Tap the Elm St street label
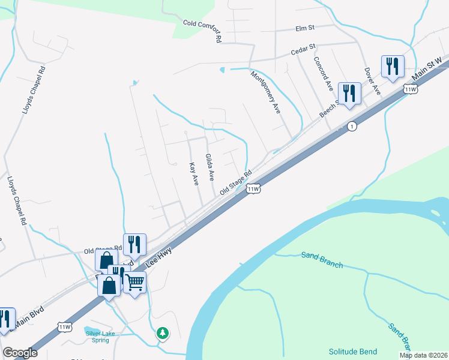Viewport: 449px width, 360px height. (x=305, y=28)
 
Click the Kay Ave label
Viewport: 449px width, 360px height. (x=193, y=174)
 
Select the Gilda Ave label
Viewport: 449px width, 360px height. (x=210, y=167)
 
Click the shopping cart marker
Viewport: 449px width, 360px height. (x=135, y=280)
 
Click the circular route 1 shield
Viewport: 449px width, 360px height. (x=352, y=126)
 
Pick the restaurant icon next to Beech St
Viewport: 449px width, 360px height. (x=349, y=92)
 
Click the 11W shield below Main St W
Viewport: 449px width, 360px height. (x=411, y=89)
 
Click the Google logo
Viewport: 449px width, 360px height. (x=20, y=353)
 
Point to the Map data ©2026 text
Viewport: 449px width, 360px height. (x=424, y=355)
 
